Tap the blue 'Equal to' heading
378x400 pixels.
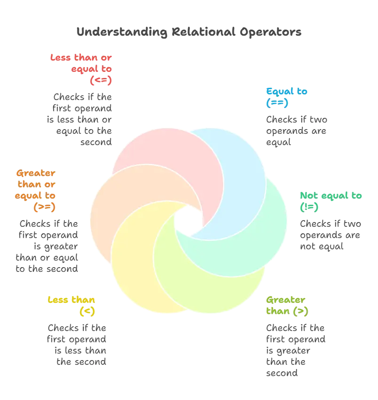286,96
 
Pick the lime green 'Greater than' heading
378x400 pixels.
287,305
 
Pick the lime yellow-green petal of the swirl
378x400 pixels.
221,277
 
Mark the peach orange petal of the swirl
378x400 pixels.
118,207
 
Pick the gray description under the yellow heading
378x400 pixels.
78,345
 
